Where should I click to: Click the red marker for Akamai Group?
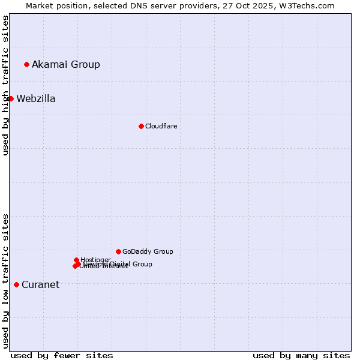26,64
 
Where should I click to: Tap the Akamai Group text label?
66,64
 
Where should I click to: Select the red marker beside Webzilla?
11,98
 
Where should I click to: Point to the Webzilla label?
36,99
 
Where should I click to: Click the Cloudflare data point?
141,126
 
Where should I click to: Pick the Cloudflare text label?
161,126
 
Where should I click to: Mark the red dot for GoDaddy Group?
118,251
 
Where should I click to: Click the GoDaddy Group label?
148,251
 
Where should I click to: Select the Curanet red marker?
16,284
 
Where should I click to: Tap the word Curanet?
40,285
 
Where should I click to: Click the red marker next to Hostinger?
76,260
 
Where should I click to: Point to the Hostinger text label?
95,260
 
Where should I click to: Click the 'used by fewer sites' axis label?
62,355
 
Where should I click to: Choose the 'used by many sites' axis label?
301,355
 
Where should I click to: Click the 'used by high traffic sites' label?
5,85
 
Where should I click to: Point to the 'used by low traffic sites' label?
5,281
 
